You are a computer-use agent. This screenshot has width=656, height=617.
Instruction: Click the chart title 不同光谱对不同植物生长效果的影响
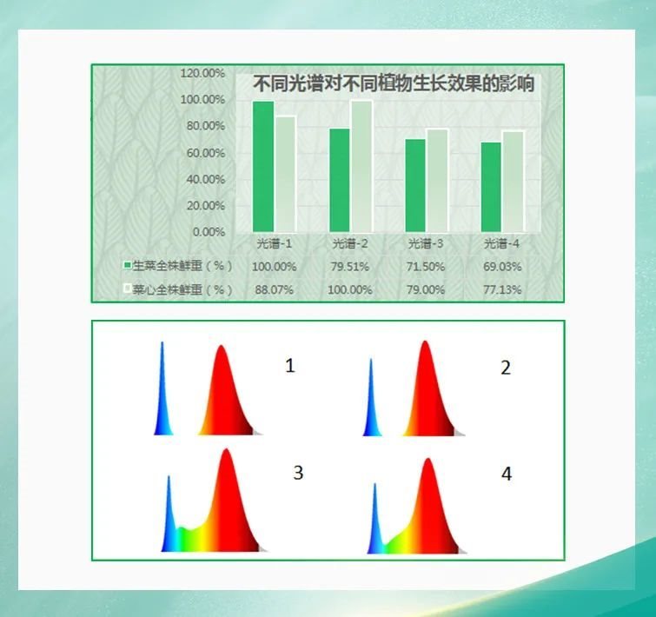393,84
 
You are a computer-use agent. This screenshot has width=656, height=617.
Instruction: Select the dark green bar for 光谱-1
263,165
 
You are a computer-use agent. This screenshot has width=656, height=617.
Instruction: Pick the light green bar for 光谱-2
361,165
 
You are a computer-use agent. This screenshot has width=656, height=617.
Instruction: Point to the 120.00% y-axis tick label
202,73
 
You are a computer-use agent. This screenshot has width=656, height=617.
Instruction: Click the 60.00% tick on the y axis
205,153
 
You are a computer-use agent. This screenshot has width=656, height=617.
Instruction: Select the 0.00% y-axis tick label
209,232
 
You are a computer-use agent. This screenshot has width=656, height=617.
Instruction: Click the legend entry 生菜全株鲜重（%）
178,265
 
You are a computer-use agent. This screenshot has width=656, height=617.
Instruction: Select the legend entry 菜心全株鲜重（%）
178,289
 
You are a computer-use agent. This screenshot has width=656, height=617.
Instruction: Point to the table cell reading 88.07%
274,289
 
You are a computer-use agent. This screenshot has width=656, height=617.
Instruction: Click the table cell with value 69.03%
501,266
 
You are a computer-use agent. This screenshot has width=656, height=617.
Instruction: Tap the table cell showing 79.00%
426,289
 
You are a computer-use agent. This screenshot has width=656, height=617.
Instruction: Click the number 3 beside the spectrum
298,473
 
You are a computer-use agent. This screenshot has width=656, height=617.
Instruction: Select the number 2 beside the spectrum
506,367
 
